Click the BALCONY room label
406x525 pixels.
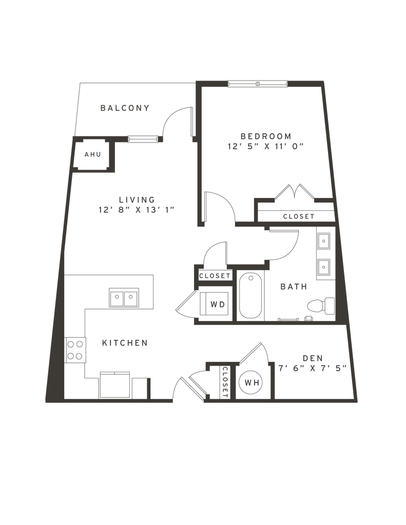coord(125,108)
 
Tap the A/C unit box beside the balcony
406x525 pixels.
coord(92,154)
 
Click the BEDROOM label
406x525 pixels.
coord(266,136)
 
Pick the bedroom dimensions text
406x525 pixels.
coord(266,146)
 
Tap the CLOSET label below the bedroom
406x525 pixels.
coord(298,216)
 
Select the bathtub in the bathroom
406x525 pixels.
coord(250,296)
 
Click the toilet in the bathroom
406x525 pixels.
coord(319,306)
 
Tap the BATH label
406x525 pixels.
coord(293,287)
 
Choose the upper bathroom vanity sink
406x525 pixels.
coord(324,240)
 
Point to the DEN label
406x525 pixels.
coord(312,357)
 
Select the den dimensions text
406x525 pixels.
coord(312,368)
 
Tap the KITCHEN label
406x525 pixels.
coord(125,342)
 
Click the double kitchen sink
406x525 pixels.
coord(124,297)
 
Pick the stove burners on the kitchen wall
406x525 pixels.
coord(76,349)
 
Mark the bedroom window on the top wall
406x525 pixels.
coord(258,83)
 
